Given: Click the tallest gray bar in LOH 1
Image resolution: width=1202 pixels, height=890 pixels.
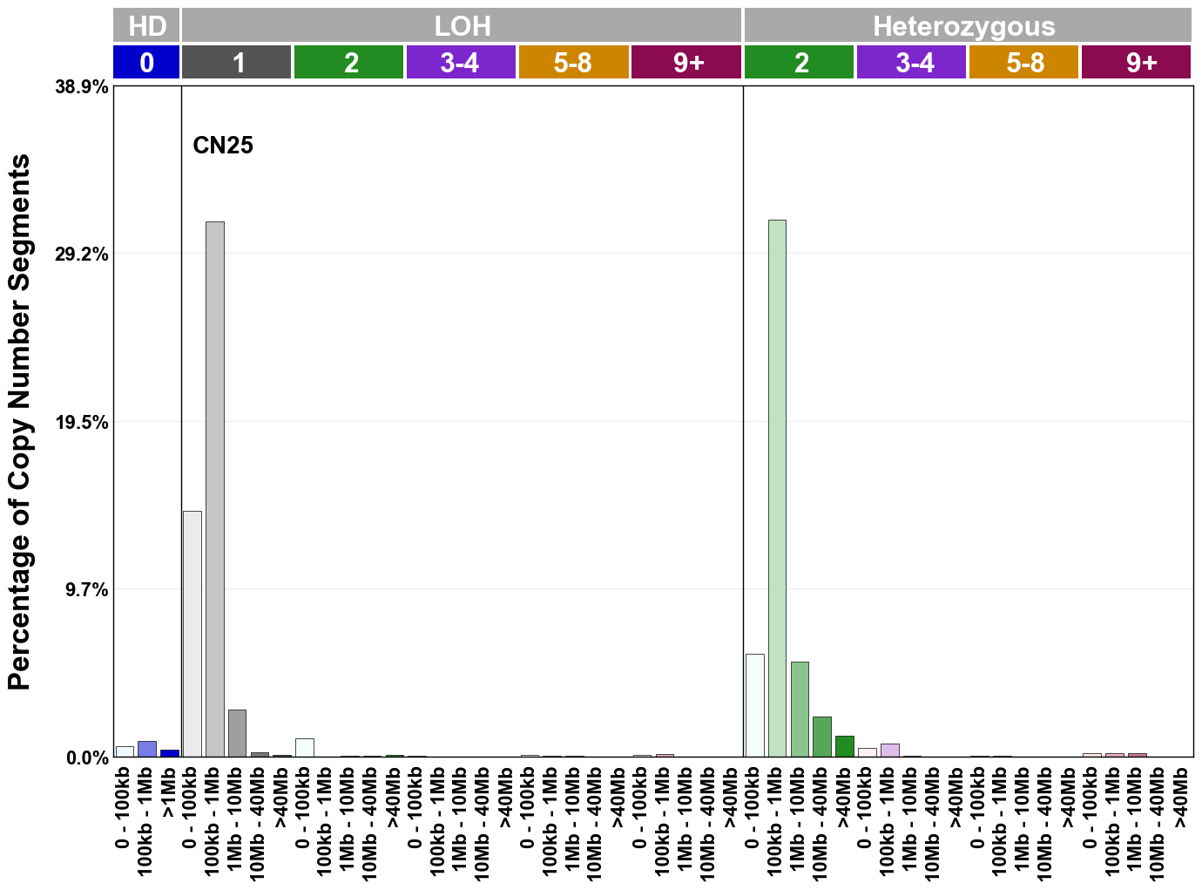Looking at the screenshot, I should (214, 488).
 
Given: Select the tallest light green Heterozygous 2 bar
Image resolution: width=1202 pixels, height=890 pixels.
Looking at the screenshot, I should (777, 488).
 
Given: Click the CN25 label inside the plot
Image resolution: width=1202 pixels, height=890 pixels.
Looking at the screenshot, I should (223, 145).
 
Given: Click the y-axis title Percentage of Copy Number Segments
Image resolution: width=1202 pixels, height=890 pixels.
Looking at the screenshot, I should (19, 422).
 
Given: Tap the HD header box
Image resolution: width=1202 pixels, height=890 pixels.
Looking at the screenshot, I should (146, 25).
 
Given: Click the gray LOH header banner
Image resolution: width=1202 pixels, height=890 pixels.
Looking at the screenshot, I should (462, 25).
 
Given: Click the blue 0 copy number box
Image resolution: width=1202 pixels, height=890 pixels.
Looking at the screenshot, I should (146, 63).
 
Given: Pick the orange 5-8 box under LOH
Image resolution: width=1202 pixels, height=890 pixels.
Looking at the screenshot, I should (573, 63).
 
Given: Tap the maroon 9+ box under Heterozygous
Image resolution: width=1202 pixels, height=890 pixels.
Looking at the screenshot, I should (1136, 63).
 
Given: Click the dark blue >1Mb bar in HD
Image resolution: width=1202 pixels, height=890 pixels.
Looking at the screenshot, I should (170, 753).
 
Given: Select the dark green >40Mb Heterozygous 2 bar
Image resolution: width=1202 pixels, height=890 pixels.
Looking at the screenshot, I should (844, 746).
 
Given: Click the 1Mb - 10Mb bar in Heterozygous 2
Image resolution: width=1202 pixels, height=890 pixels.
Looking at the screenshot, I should (800, 709).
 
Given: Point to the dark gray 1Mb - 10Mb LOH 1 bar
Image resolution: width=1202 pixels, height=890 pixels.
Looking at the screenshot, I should (237, 733).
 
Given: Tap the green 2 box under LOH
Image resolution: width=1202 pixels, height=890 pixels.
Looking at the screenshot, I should (348, 63).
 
